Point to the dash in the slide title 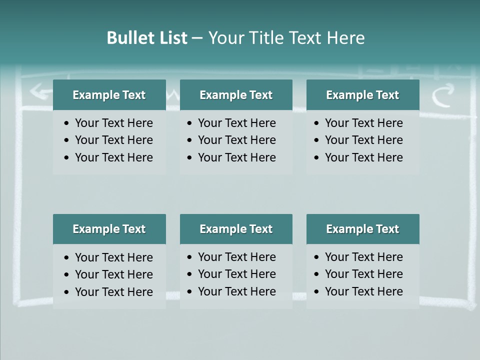[197, 38]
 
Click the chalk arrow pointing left [39, 91]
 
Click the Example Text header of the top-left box [109, 95]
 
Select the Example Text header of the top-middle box [236, 95]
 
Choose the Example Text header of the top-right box [362, 95]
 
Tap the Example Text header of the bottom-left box [109, 229]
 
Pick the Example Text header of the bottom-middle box [236, 229]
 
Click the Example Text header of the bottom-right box [362, 229]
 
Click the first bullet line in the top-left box [113, 123]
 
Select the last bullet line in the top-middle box [236, 157]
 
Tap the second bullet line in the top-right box [363, 140]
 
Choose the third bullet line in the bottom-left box [113, 292]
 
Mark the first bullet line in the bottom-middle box [236, 257]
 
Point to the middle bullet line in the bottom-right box [363, 274]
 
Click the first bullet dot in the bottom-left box [67, 257]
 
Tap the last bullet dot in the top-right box [317, 158]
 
